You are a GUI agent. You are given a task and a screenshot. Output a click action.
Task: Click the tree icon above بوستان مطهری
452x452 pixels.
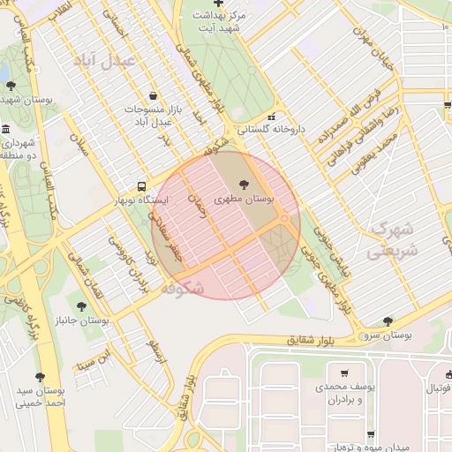244,185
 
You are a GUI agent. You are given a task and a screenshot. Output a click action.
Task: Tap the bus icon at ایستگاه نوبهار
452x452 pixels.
141,186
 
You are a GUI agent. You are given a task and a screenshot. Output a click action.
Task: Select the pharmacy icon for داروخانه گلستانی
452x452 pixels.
272,116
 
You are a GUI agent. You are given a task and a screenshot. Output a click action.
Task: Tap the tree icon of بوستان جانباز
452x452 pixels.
81,306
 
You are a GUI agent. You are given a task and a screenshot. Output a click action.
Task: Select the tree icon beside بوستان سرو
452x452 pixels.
388,321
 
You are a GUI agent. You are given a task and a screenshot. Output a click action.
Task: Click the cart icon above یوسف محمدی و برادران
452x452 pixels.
343,373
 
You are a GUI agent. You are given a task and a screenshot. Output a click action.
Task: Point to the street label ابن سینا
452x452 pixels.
95,357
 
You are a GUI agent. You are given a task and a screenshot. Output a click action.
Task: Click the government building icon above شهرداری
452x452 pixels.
7,130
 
